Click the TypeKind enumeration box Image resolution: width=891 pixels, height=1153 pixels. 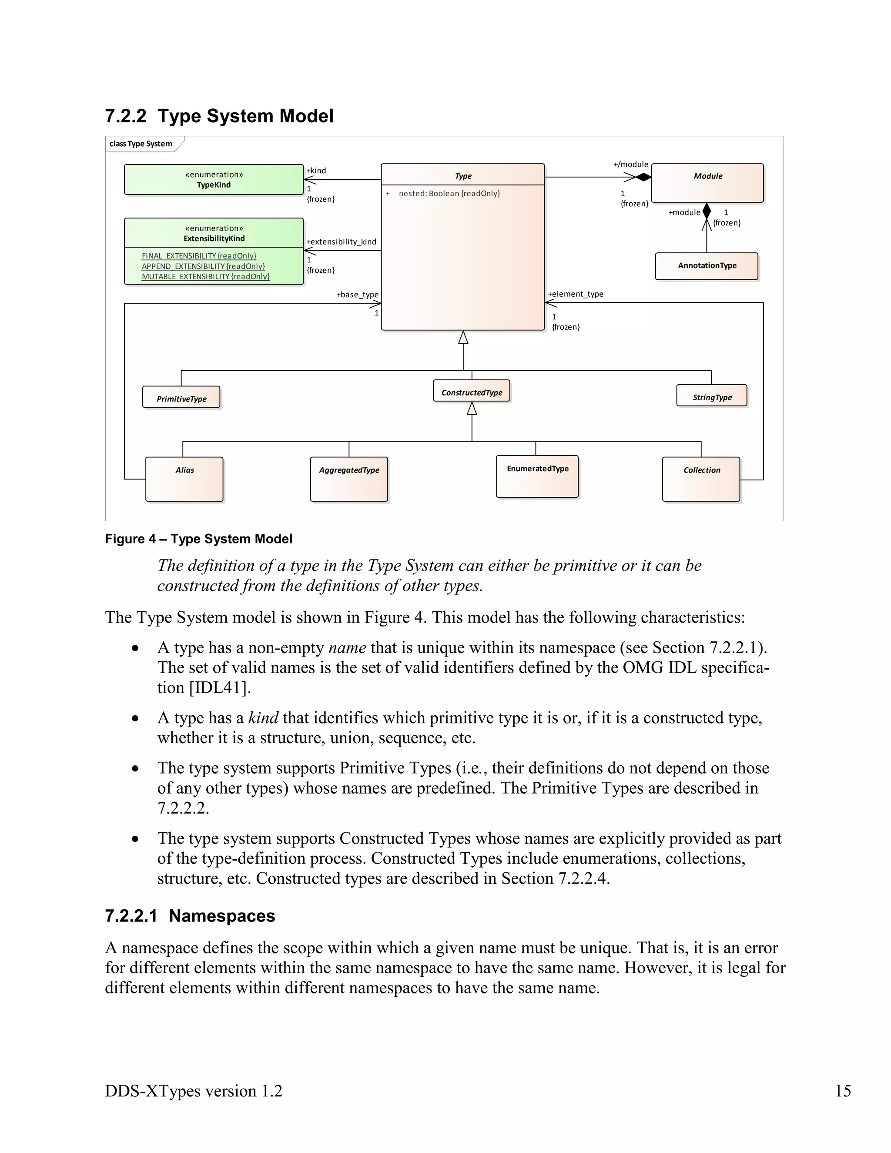(x=214, y=180)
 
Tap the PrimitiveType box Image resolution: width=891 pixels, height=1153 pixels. (x=181, y=398)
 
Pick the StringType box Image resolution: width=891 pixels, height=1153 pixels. (x=711, y=396)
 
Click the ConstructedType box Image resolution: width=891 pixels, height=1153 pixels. (x=471, y=392)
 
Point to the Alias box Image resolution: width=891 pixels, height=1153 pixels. (x=184, y=479)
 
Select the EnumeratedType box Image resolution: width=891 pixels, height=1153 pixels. (x=537, y=476)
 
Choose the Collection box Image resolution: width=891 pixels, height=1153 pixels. (x=701, y=479)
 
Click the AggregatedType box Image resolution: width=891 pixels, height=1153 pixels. (x=349, y=479)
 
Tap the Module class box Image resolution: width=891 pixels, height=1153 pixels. (x=707, y=183)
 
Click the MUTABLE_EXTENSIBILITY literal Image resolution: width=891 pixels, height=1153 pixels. (x=205, y=277)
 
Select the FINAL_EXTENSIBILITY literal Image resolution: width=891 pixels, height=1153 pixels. (x=199, y=256)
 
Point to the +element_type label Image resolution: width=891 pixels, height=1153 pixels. (x=575, y=294)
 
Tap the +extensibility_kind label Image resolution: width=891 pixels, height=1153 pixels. (x=342, y=242)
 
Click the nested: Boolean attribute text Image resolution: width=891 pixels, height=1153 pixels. (x=449, y=194)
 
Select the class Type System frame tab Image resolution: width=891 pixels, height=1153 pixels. (x=141, y=144)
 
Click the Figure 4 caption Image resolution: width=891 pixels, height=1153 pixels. (x=198, y=539)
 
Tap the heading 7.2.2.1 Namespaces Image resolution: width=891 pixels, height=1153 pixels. (x=190, y=916)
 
